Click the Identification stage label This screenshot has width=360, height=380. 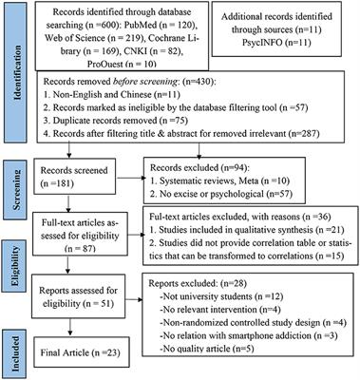(14, 75)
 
